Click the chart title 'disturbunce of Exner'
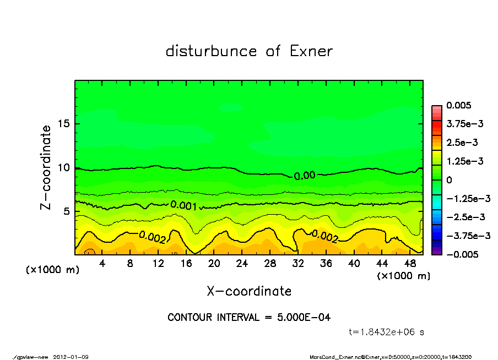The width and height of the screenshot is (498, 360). [x=249, y=51]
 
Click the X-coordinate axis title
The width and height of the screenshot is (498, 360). [x=249, y=291]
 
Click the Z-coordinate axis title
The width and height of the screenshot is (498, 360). [x=46, y=167]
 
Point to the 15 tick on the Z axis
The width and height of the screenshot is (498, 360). [x=64, y=123]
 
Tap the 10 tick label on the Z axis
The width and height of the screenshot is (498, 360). [x=64, y=167]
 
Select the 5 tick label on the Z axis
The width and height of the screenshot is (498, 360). [x=67, y=211]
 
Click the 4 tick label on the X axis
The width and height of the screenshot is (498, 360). [x=102, y=264]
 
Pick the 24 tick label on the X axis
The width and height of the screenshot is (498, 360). [x=242, y=264]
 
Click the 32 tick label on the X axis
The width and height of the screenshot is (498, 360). [x=298, y=264]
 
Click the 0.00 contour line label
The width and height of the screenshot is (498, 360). [x=304, y=176]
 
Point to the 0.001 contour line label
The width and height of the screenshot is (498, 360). [x=183, y=206]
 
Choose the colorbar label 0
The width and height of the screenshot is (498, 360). [x=449, y=180]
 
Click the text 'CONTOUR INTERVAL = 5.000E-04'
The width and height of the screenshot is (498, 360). [x=249, y=318]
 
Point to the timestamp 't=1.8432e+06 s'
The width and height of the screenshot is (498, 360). [x=386, y=332]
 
